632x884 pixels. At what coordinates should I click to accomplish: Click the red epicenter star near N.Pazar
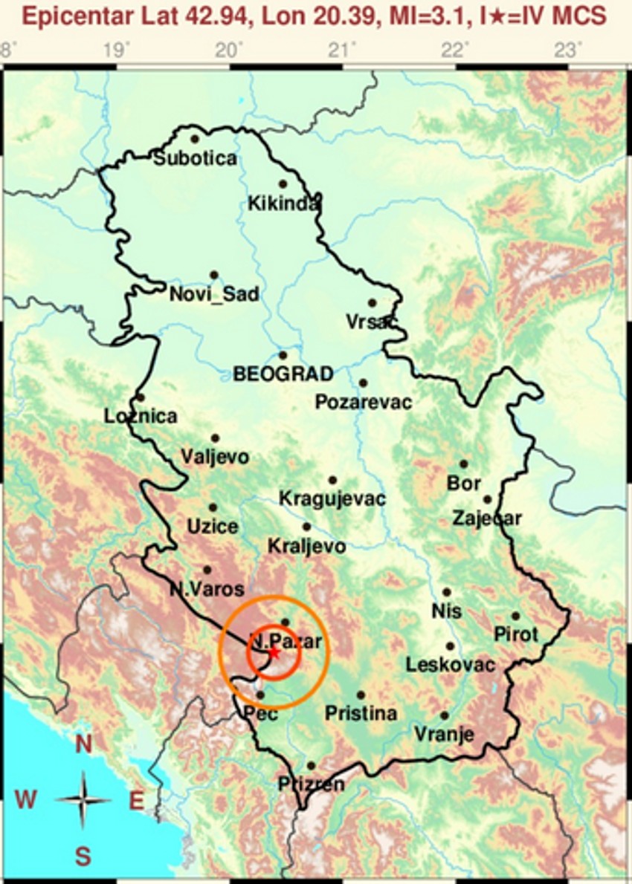click(x=274, y=653)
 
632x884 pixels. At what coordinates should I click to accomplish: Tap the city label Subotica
click(x=196, y=158)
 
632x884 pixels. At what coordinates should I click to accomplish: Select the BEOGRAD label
click(x=283, y=374)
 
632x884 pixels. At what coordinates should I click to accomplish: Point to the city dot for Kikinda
click(x=283, y=183)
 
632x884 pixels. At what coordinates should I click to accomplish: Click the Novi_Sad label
click(x=214, y=294)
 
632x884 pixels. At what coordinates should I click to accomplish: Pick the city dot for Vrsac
click(x=372, y=302)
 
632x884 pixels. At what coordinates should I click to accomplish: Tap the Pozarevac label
click(x=363, y=402)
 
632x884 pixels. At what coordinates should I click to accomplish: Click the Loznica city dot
click(x=140, y=397)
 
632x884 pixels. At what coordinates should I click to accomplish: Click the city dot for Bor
click(x=463, y=464)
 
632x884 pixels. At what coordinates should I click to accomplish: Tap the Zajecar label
click(x=487, y=519)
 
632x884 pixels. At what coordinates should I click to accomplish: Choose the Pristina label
click(x=361, y=714)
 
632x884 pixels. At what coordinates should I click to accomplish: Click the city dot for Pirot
click(x=515, y=616)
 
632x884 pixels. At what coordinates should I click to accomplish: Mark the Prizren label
click(x=311, y=784)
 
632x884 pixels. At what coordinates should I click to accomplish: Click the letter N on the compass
click(x=83, y=743)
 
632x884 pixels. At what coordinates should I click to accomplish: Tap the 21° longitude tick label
click(x=341, y=51)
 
